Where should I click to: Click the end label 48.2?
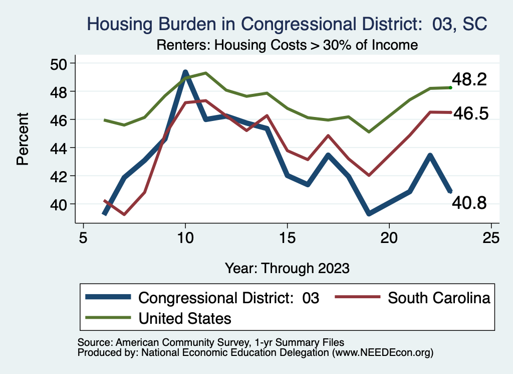click(x=469, y=80)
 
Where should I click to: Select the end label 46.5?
click(x=470, y=113)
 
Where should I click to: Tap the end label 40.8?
click(x=469, y=202)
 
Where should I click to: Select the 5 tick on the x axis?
click(x=83, y=237)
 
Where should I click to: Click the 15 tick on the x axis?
click(x=287, y=237)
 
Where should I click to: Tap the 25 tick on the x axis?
click(x=491, y=237)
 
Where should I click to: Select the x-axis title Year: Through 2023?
click(x=287, y=268)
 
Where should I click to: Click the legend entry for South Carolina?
click(x=439, y=298)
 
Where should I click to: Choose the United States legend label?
click(x=185, y=318)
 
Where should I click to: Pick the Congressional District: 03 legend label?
click(x=228, y=298)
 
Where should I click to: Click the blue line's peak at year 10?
click(x=185, y=73)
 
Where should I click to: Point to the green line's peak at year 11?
click(x=206, y=73)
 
